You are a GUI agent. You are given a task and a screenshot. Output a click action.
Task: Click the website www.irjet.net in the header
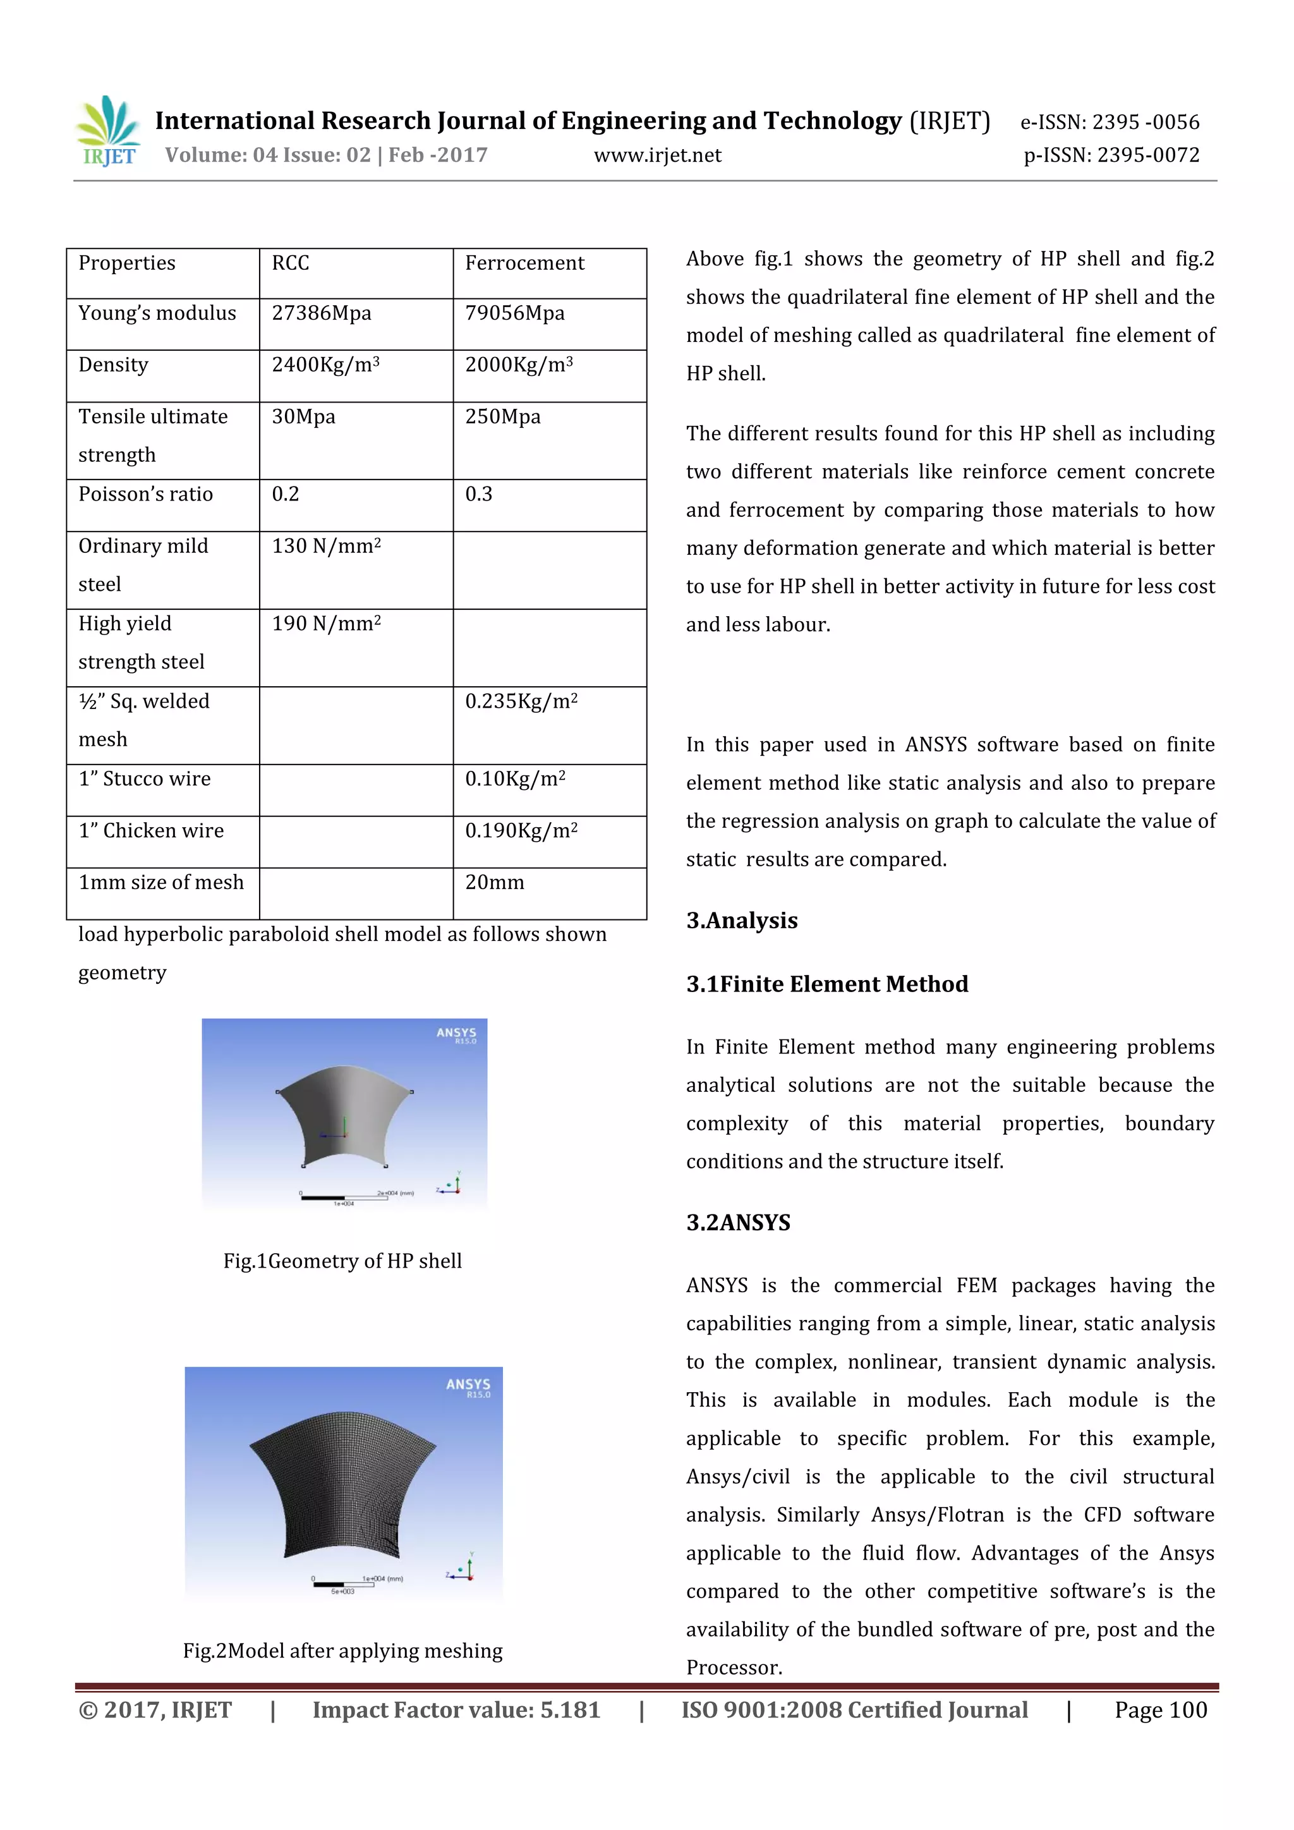pos(657,155)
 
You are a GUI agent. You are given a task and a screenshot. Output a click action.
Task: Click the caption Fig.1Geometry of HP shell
pos(342,1261)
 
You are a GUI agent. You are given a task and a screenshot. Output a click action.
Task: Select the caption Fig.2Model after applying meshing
pos(342,1651)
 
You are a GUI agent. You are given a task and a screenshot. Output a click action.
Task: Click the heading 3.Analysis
pos(742,921)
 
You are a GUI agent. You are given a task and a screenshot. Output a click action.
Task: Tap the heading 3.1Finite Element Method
pos(827,985)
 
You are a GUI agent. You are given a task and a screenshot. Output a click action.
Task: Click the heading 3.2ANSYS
pos(739,1223)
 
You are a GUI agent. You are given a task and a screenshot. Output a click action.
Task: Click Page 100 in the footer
pos(1160,1710)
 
